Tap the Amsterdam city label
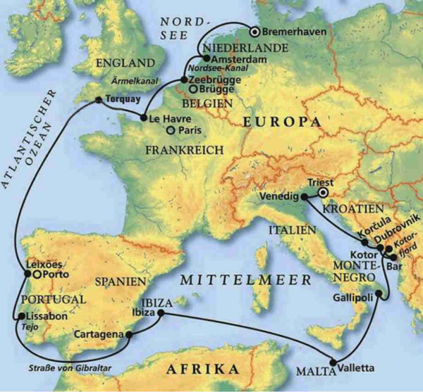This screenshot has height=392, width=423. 233,61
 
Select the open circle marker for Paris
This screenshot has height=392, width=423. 170,129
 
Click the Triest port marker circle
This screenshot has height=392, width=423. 323,191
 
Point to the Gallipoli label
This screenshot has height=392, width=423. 352,298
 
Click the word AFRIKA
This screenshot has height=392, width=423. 201,369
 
